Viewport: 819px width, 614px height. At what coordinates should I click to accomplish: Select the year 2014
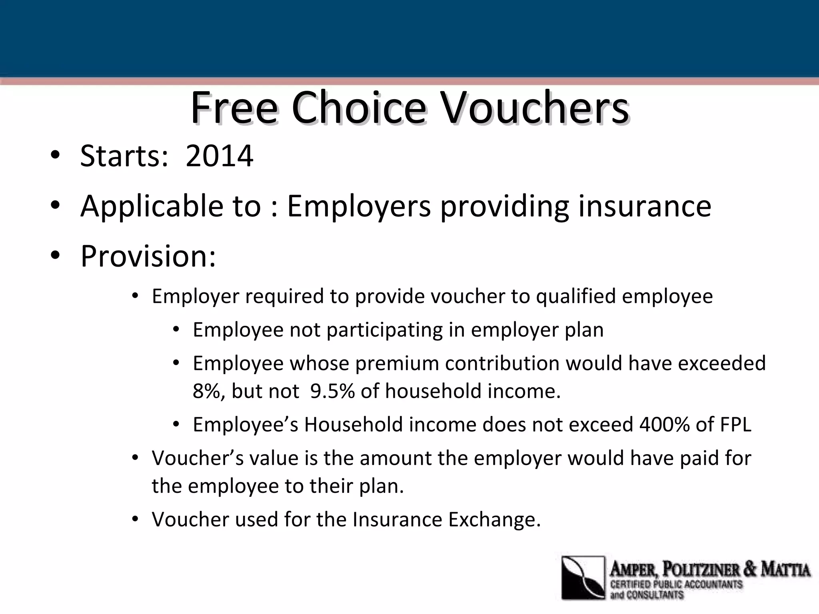pos(219,155)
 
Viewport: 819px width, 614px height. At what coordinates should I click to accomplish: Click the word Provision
pos(148,256)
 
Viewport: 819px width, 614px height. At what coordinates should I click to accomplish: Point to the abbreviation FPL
pos(736,425)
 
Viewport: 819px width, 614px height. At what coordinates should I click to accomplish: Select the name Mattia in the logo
pos(785,569)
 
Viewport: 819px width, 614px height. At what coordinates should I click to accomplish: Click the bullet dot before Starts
pos(55,155)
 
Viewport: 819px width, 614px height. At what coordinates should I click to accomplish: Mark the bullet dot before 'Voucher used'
pos(135,520)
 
